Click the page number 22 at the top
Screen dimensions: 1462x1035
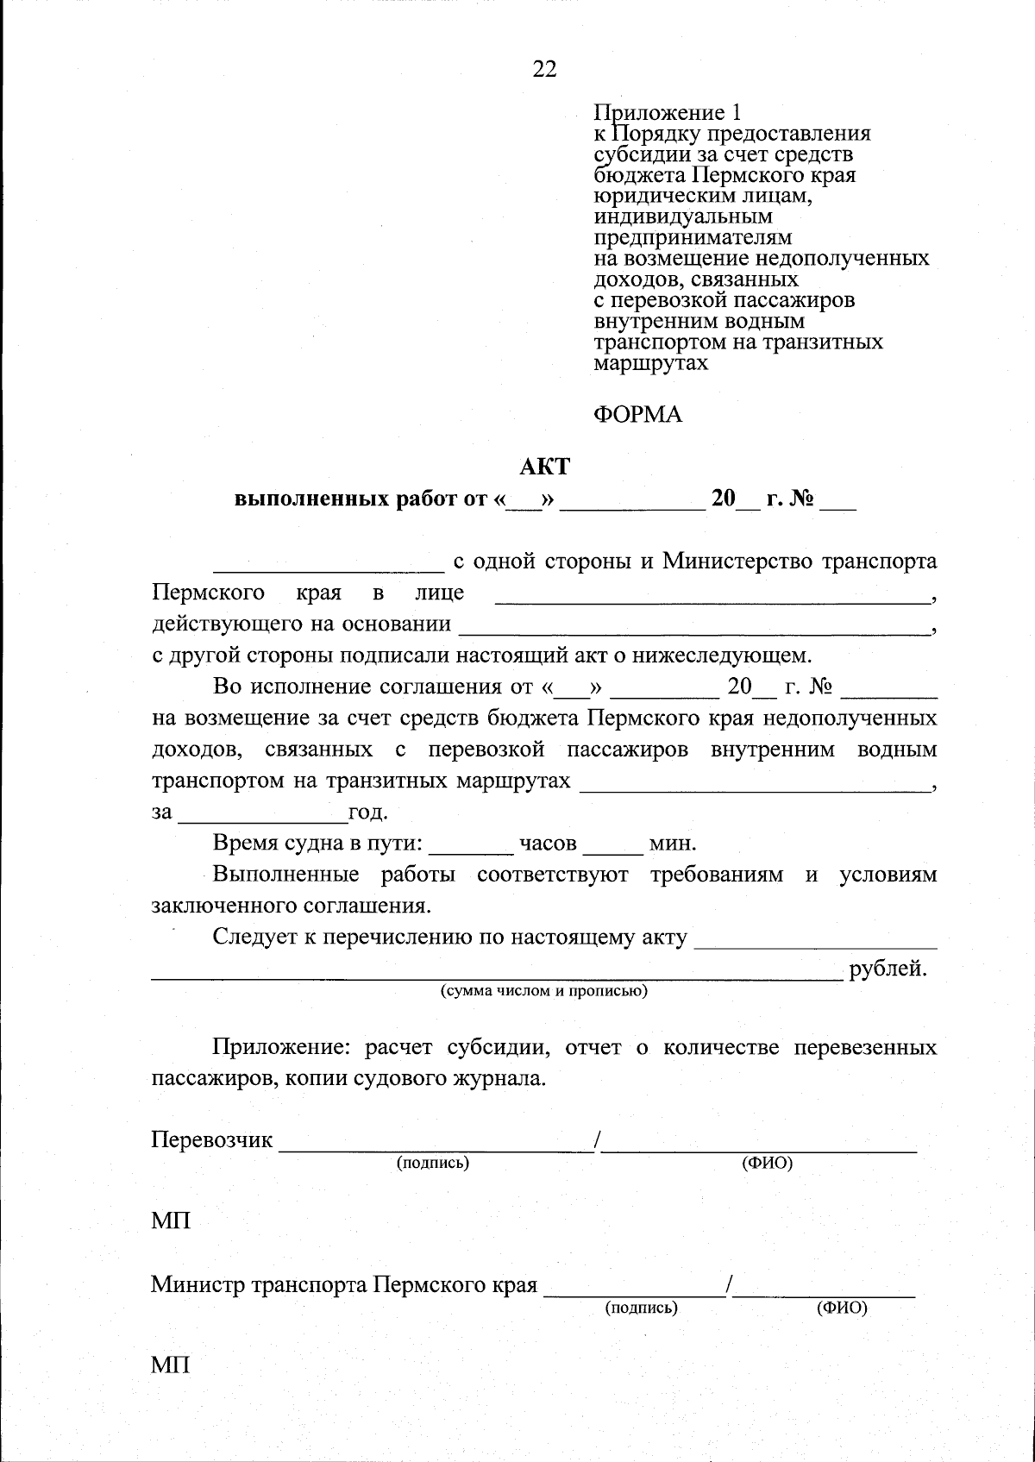[x=544, y=70]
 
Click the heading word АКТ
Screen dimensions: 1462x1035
[x=544, y=467]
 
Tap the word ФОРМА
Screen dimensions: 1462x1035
[x=638, y=415]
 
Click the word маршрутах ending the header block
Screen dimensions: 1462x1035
[x=651, y=363]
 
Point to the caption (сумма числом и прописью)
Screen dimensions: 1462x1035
[x=543, y=991]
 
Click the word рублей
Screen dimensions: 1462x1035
[x=888, y=969]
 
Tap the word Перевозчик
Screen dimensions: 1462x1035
[x=212, y=1140]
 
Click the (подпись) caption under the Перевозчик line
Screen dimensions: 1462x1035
[x=432, y=1163]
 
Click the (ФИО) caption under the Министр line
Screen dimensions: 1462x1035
[x=841, y=1308]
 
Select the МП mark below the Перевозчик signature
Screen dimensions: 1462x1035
[x=171, y=1221]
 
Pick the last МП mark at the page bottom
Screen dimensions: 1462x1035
[x=171, y=1365]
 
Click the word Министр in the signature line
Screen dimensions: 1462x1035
[x=198, y=1285]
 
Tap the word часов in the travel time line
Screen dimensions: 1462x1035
[x=548, y=843]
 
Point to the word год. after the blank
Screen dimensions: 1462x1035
[x=367, y=813]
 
